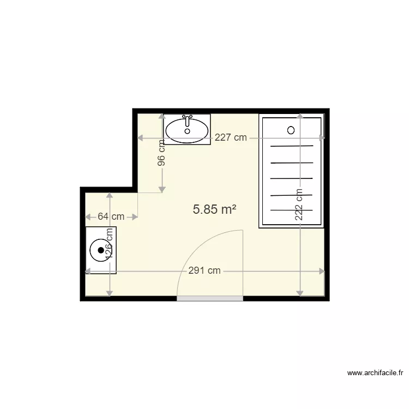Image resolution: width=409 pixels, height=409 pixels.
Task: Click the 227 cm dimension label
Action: coord(231,137)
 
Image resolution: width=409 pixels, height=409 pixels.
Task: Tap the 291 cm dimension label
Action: coord(204,270)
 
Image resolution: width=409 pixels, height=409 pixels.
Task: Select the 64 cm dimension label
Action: coord(111,216)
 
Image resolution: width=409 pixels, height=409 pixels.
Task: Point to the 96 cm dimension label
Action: coord(162,153)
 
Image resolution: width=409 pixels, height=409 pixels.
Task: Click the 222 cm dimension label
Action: coord(299,204)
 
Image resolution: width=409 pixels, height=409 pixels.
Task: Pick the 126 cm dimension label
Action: coord(109,243)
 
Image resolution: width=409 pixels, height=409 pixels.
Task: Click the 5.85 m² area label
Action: coord(214,209)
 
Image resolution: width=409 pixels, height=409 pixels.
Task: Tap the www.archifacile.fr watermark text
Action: coord(375,373)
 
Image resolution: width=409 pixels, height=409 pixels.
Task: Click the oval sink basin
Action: coord(187,130)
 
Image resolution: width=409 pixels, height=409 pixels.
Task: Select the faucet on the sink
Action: coord(187,120)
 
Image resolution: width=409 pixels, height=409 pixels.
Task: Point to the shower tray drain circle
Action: coord(291,130)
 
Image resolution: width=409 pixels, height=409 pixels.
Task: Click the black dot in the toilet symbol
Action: coord(101,250)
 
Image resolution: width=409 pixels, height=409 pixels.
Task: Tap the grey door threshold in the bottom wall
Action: coord(210,298)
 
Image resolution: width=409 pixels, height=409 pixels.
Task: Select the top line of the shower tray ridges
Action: coord(292,146)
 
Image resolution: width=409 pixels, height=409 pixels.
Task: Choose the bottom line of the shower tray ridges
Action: coord(292,210)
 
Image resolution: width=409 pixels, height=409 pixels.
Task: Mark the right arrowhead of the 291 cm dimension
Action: coord(322,271)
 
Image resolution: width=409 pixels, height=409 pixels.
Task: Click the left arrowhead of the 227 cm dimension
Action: coord(140,138)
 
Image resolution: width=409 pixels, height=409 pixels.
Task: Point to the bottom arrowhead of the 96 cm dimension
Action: coord(162,190)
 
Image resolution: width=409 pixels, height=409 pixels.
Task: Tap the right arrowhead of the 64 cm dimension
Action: coord(135,216)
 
